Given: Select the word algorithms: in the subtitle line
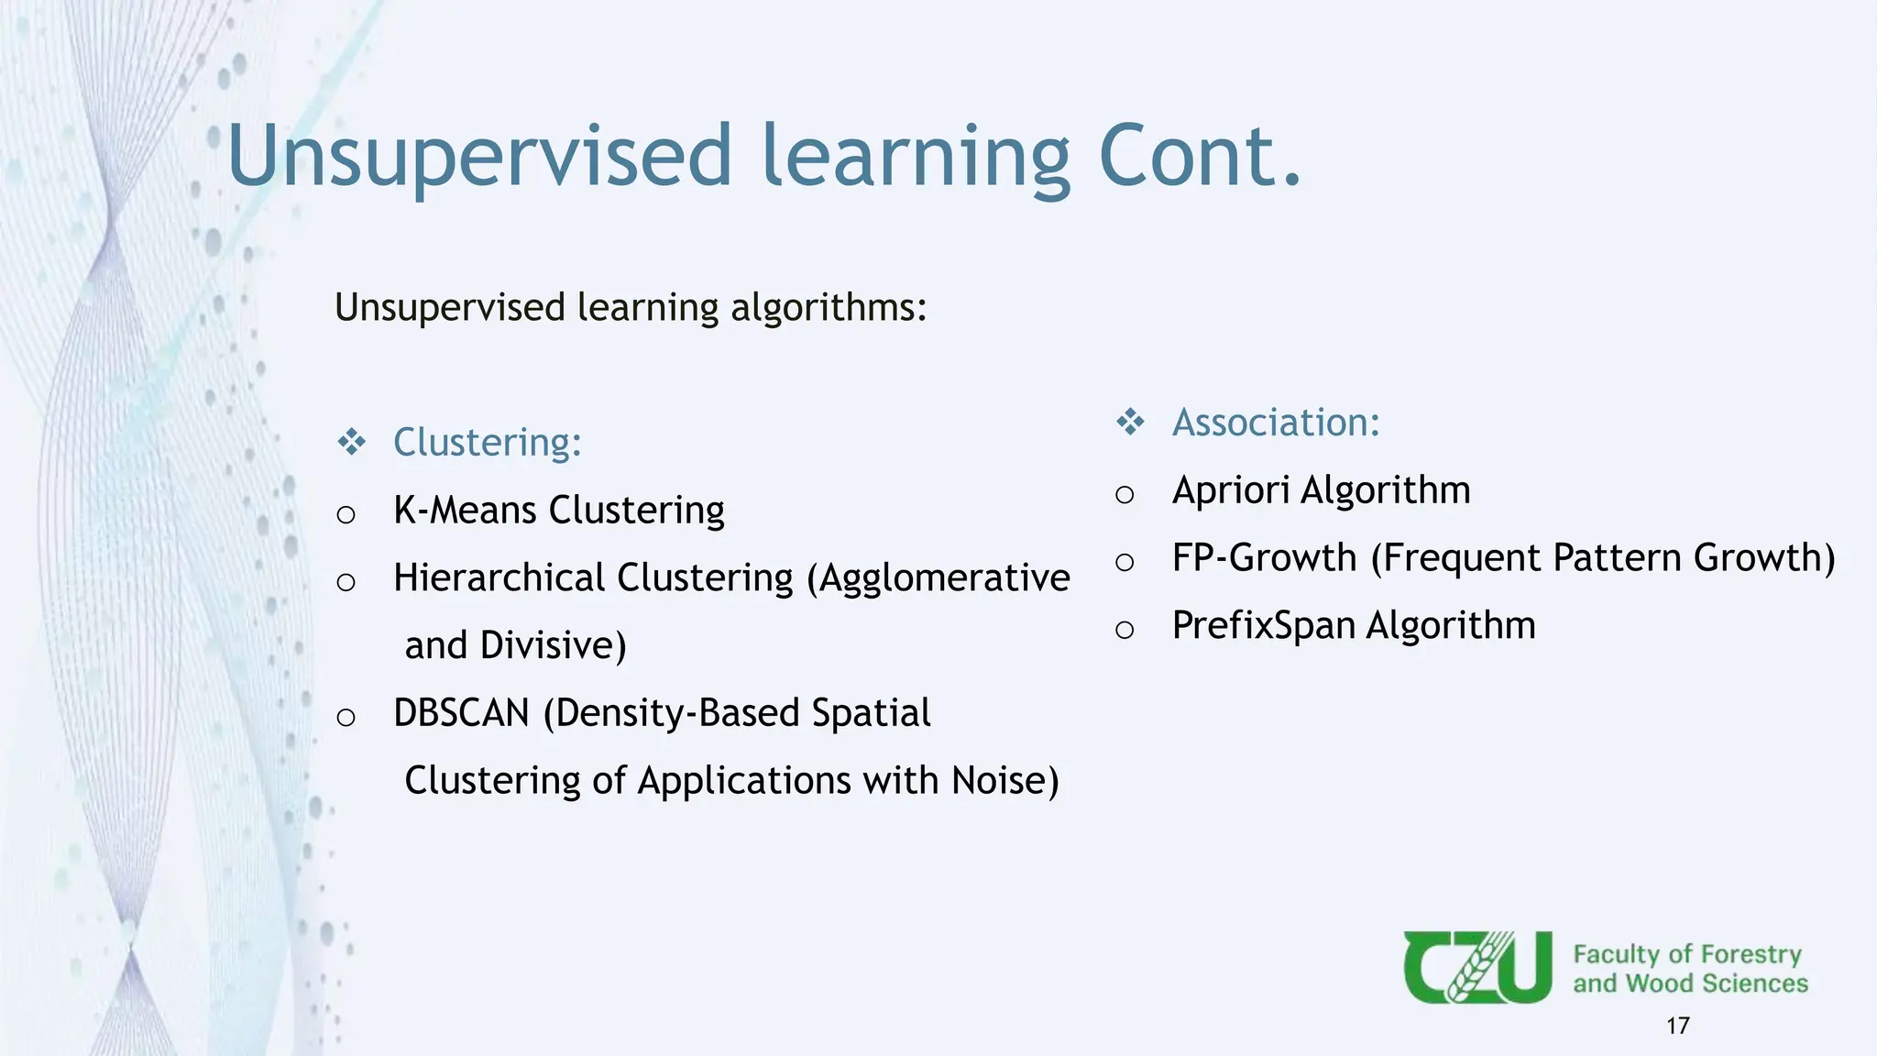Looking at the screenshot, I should (829, 308).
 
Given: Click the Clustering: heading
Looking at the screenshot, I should (487, 443).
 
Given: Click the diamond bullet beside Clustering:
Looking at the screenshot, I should (352, 443).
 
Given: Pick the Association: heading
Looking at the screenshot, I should (1275, 423).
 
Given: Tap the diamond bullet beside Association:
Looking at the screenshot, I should (1130, 423).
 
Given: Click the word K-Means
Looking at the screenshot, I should (465, 511).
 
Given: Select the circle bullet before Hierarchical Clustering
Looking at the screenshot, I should (346, 582).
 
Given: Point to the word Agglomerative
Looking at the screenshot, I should (944, 578).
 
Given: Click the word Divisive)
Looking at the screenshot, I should (554, 645).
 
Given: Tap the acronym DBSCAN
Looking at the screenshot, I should (462, 713).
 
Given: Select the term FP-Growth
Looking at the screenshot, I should (1264, 558).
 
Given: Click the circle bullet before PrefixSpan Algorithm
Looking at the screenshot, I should (1125, 630).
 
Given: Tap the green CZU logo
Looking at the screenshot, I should (1476, 967).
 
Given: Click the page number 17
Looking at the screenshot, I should (1677, 1026).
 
